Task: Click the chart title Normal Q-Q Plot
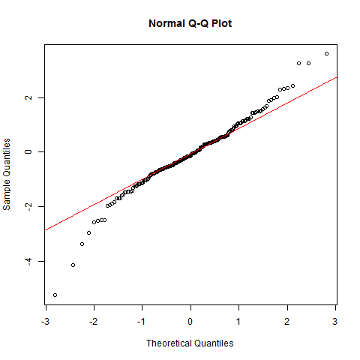[x=190, y=24]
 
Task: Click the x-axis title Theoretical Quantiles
[x=190, y=343]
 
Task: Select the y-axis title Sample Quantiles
[x=7, y=174]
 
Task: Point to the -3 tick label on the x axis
[x=45, y=322]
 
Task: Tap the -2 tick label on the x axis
[x=94, y=322]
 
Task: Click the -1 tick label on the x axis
[x=142, y=322]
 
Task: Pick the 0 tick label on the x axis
[x=190, y=322]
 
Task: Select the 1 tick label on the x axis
[x=238, y=322]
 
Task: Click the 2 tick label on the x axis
[x=286, y=322]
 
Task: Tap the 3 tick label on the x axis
[x=335, y=322]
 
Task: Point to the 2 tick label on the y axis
[x=28, y=97]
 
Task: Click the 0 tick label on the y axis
[x=28, y=151]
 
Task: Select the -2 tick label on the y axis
[x=28, y=206]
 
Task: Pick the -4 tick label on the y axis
[x=28, y=261]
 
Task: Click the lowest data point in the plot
[x=55, y=295]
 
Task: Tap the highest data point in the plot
[x=326, y=53]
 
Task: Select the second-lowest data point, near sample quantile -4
[x=73, y=265]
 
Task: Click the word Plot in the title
[x=222, y=24]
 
